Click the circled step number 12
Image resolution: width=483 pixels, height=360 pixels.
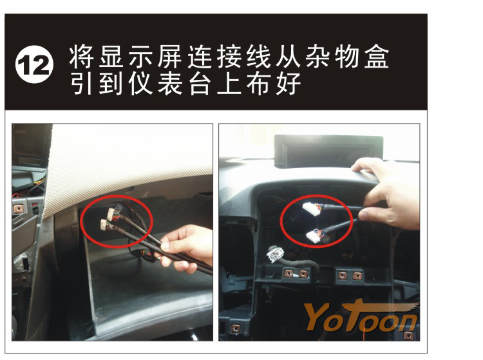pyautogui.click(x=34, y=64)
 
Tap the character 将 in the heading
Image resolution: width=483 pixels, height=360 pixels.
pyautogui.click(x=81, y=57)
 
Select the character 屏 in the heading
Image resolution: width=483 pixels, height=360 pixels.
pyautogui.click(x=170, y=57)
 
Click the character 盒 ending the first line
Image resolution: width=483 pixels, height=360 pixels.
pyautogui.click(x=377, y=57)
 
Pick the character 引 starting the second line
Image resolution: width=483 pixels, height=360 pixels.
pyautogui.click(x=81, y=84)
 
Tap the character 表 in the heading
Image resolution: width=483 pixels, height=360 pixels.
pyautogui.click(x=170, y=84)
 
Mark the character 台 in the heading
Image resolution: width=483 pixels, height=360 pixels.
pyautogui.click(x=199, y=84)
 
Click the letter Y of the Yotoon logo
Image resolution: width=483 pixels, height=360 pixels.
pyautogui.click(x=317, y=317)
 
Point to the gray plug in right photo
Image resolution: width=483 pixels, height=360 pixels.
pyautogui.click(x=276, y=254)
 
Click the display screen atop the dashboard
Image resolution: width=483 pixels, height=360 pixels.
pyautogui.click(x=328, y=151)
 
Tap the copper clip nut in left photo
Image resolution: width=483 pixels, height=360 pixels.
pyautogui.click(x=19, y=209)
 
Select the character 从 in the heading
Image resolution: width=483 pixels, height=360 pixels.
pyautogui.click(x=288, y=57)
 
